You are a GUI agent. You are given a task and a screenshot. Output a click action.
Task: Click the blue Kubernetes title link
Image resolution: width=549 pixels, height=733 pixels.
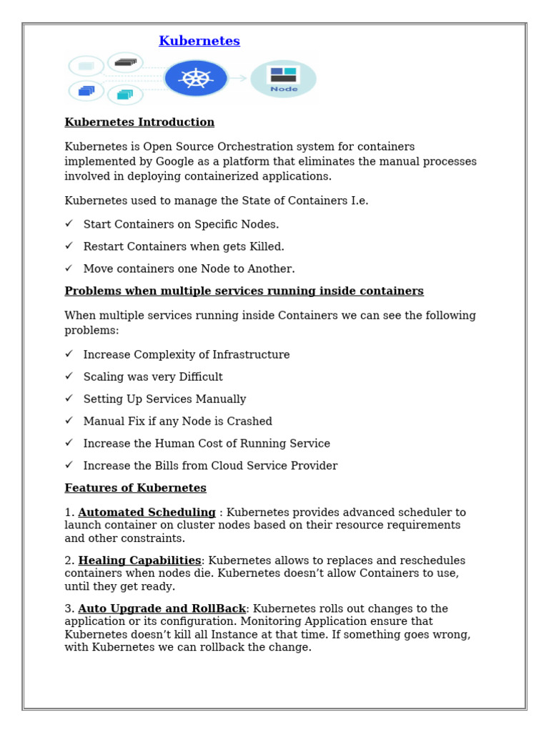[199, 42]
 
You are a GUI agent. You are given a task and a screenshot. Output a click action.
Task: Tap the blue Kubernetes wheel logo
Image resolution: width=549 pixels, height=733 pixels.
[196, 78]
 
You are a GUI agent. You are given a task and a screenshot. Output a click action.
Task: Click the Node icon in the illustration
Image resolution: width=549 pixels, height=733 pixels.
[283, 78]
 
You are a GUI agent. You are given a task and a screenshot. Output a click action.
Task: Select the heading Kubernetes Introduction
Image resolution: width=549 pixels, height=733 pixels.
[139, 122]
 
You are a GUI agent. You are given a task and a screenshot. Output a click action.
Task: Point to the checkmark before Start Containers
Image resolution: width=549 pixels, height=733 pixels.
[69, 224]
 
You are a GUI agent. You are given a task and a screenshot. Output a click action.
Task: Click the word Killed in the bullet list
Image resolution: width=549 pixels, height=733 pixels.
[266, 247]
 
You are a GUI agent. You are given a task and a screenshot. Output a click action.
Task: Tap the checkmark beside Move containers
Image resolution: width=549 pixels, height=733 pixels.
[69, 268]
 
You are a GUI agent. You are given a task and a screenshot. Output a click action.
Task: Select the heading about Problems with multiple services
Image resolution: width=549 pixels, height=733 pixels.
[244, 291]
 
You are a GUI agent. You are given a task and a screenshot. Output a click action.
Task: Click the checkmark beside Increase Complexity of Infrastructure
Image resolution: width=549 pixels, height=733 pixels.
[69, 354]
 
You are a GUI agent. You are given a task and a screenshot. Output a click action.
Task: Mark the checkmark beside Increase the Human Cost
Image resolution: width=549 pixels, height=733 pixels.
[69, 443]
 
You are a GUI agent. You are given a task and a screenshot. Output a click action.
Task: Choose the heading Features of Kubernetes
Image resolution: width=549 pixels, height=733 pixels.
[135, 488]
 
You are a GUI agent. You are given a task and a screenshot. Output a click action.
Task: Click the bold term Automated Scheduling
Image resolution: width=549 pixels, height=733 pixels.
[147, 513]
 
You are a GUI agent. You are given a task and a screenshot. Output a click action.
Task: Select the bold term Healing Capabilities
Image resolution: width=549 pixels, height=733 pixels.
[139, 560]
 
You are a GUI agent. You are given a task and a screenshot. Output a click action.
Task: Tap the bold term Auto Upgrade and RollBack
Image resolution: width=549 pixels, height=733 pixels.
[162, 608]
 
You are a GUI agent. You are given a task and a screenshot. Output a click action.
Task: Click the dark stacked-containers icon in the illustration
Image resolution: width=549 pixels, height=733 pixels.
[125, 62]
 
